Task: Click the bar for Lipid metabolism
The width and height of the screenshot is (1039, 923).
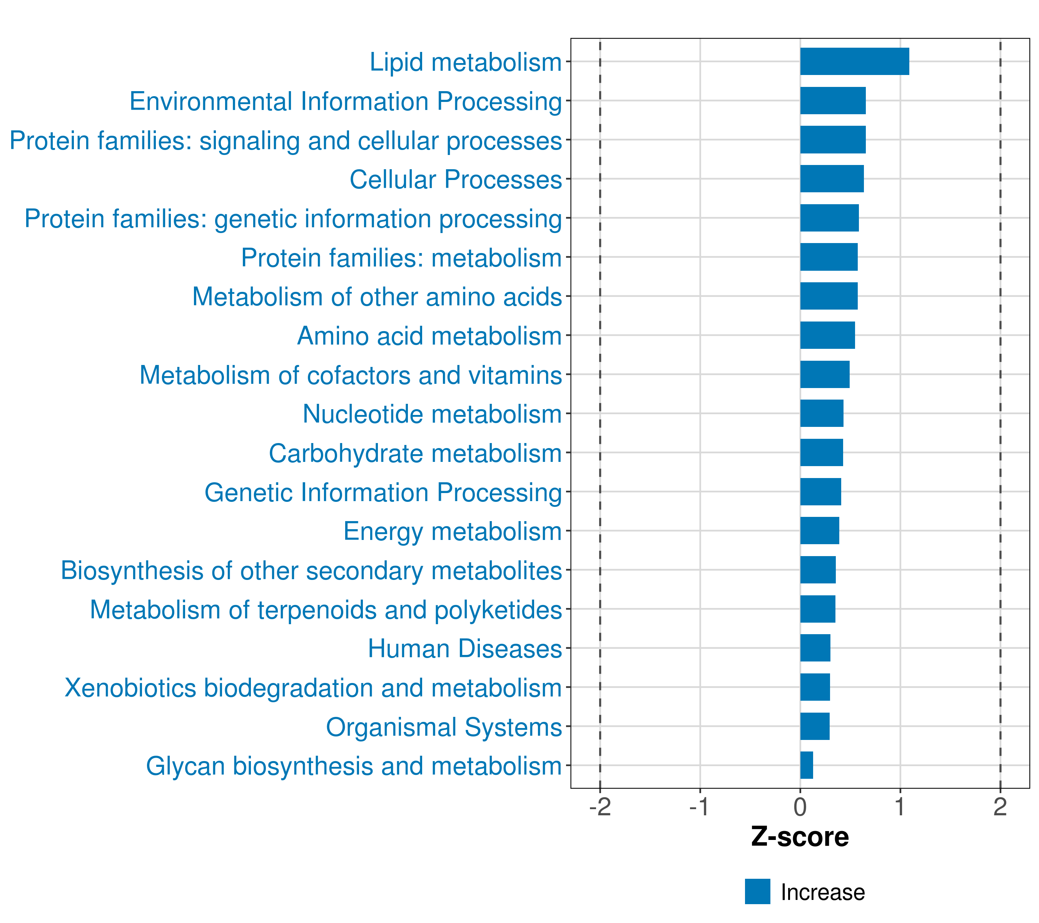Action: (x=854, y=62)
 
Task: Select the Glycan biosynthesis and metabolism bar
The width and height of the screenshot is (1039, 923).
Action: (x=806, y=765)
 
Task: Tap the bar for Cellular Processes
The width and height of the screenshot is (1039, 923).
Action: (x=832, y=179)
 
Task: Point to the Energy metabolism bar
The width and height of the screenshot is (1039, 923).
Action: (x=819, y=530)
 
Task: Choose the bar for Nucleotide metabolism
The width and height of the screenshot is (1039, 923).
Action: (x=822, y=413)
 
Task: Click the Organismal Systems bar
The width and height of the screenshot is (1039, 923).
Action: (x=814, y=726)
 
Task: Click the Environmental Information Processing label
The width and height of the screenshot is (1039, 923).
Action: (x=346, y=101)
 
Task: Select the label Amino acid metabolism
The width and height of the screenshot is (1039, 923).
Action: (x=429, y=336)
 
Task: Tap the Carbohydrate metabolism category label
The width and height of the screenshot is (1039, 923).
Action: (x=415, y=453)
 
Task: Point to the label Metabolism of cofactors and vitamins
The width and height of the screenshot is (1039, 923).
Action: (x=351, y=375)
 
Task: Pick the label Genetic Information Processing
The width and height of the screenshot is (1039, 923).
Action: (x=383, y=492)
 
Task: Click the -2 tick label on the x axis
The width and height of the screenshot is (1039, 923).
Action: (x=600, y=807)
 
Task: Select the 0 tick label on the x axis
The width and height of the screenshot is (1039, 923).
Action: (x=800, y=807)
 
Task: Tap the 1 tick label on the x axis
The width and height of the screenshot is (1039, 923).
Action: (x=900, y=807)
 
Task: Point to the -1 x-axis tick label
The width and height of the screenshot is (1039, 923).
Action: (x=700, y=807)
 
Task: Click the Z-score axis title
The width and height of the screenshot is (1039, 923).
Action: (x=800, y=837)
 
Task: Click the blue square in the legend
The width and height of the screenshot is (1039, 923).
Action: (x=757, y=891)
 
